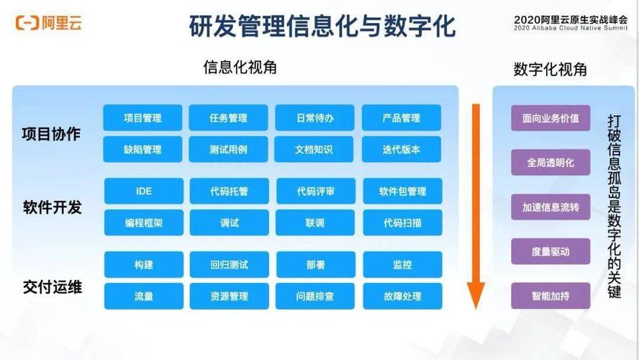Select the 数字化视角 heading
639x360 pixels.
(550, 69)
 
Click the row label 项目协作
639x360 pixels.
(51, 135)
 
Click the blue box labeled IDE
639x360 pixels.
(143, 192)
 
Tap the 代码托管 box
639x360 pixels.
(229, 192)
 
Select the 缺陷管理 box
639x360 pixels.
(142, 150)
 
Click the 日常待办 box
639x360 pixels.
(314, 118)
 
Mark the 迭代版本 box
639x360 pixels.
(402, 150)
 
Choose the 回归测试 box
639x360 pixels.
(229, 265)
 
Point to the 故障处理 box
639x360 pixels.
(402, 296)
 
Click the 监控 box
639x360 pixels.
(402, 265)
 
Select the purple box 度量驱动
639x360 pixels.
(550, 251)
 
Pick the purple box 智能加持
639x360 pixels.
(550, 296)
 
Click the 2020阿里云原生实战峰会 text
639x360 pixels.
(572, 19)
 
